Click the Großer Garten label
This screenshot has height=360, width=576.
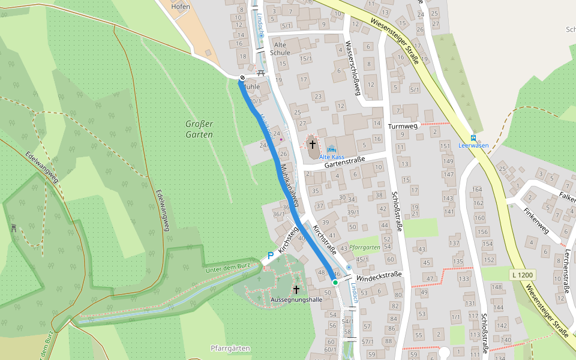point(199,129)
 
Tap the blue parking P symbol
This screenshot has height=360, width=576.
point(271,256)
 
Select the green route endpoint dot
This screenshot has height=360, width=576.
point(335,282)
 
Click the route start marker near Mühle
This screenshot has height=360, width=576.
point(242,77)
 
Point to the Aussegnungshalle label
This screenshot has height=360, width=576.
point(296,299)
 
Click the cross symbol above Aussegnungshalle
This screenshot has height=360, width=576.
point(296,289)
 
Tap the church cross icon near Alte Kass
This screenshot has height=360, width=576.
point(312,145)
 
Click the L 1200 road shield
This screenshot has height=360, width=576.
point(523,275)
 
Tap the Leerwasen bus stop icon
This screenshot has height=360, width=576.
point(473,137)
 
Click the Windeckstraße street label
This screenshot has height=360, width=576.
point(377,277)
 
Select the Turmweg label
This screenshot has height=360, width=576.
point(403,127)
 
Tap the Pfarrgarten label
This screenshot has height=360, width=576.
point(364,247)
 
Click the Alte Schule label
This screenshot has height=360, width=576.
point(280,49)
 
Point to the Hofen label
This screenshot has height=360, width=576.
point(180,7)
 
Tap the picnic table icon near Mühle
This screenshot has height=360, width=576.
point(261,73)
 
